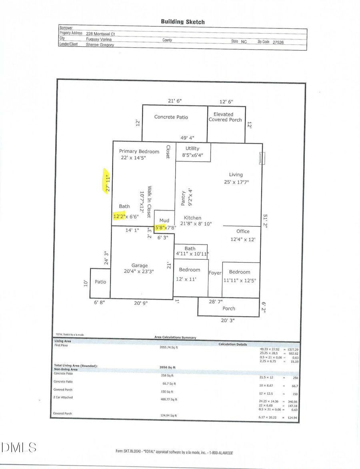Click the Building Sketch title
point(183,22)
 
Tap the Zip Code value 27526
point(278,42)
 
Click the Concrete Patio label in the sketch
point(171,117)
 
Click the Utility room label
point(192,148)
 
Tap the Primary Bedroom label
point(139,151)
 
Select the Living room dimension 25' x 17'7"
point(236,182)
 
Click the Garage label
point(140,265)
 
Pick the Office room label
point(243,231)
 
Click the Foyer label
point(215,273)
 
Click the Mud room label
point(164,220)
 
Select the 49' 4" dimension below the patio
point(187,138)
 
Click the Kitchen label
point(193,218)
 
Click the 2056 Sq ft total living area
point(168,367)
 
